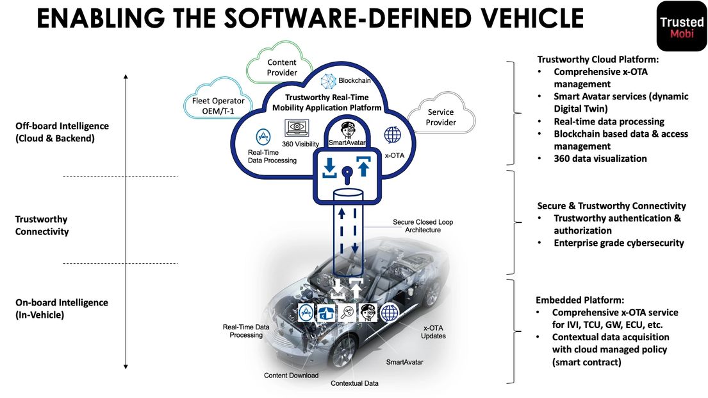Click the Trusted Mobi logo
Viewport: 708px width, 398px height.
[x=681, y=25]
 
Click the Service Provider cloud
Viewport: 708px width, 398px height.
[x=441, y=117]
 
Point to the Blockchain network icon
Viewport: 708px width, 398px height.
[x=329, y=82]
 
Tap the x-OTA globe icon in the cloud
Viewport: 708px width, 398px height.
[x=392, y=135]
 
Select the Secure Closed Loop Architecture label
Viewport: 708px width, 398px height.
[x=423, y=226]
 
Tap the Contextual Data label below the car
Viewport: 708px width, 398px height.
[x=354, y=383]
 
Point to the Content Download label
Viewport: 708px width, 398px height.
[x=291, y=375]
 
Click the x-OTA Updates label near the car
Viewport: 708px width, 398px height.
[x=433, y=332]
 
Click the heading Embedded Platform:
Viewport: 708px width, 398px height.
[x=579, y=300]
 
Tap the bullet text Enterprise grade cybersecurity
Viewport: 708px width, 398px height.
[x=618, y=243]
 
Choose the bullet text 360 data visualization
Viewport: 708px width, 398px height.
[x=600, y=159]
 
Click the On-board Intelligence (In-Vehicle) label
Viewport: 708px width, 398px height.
[x=62, y=308]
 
